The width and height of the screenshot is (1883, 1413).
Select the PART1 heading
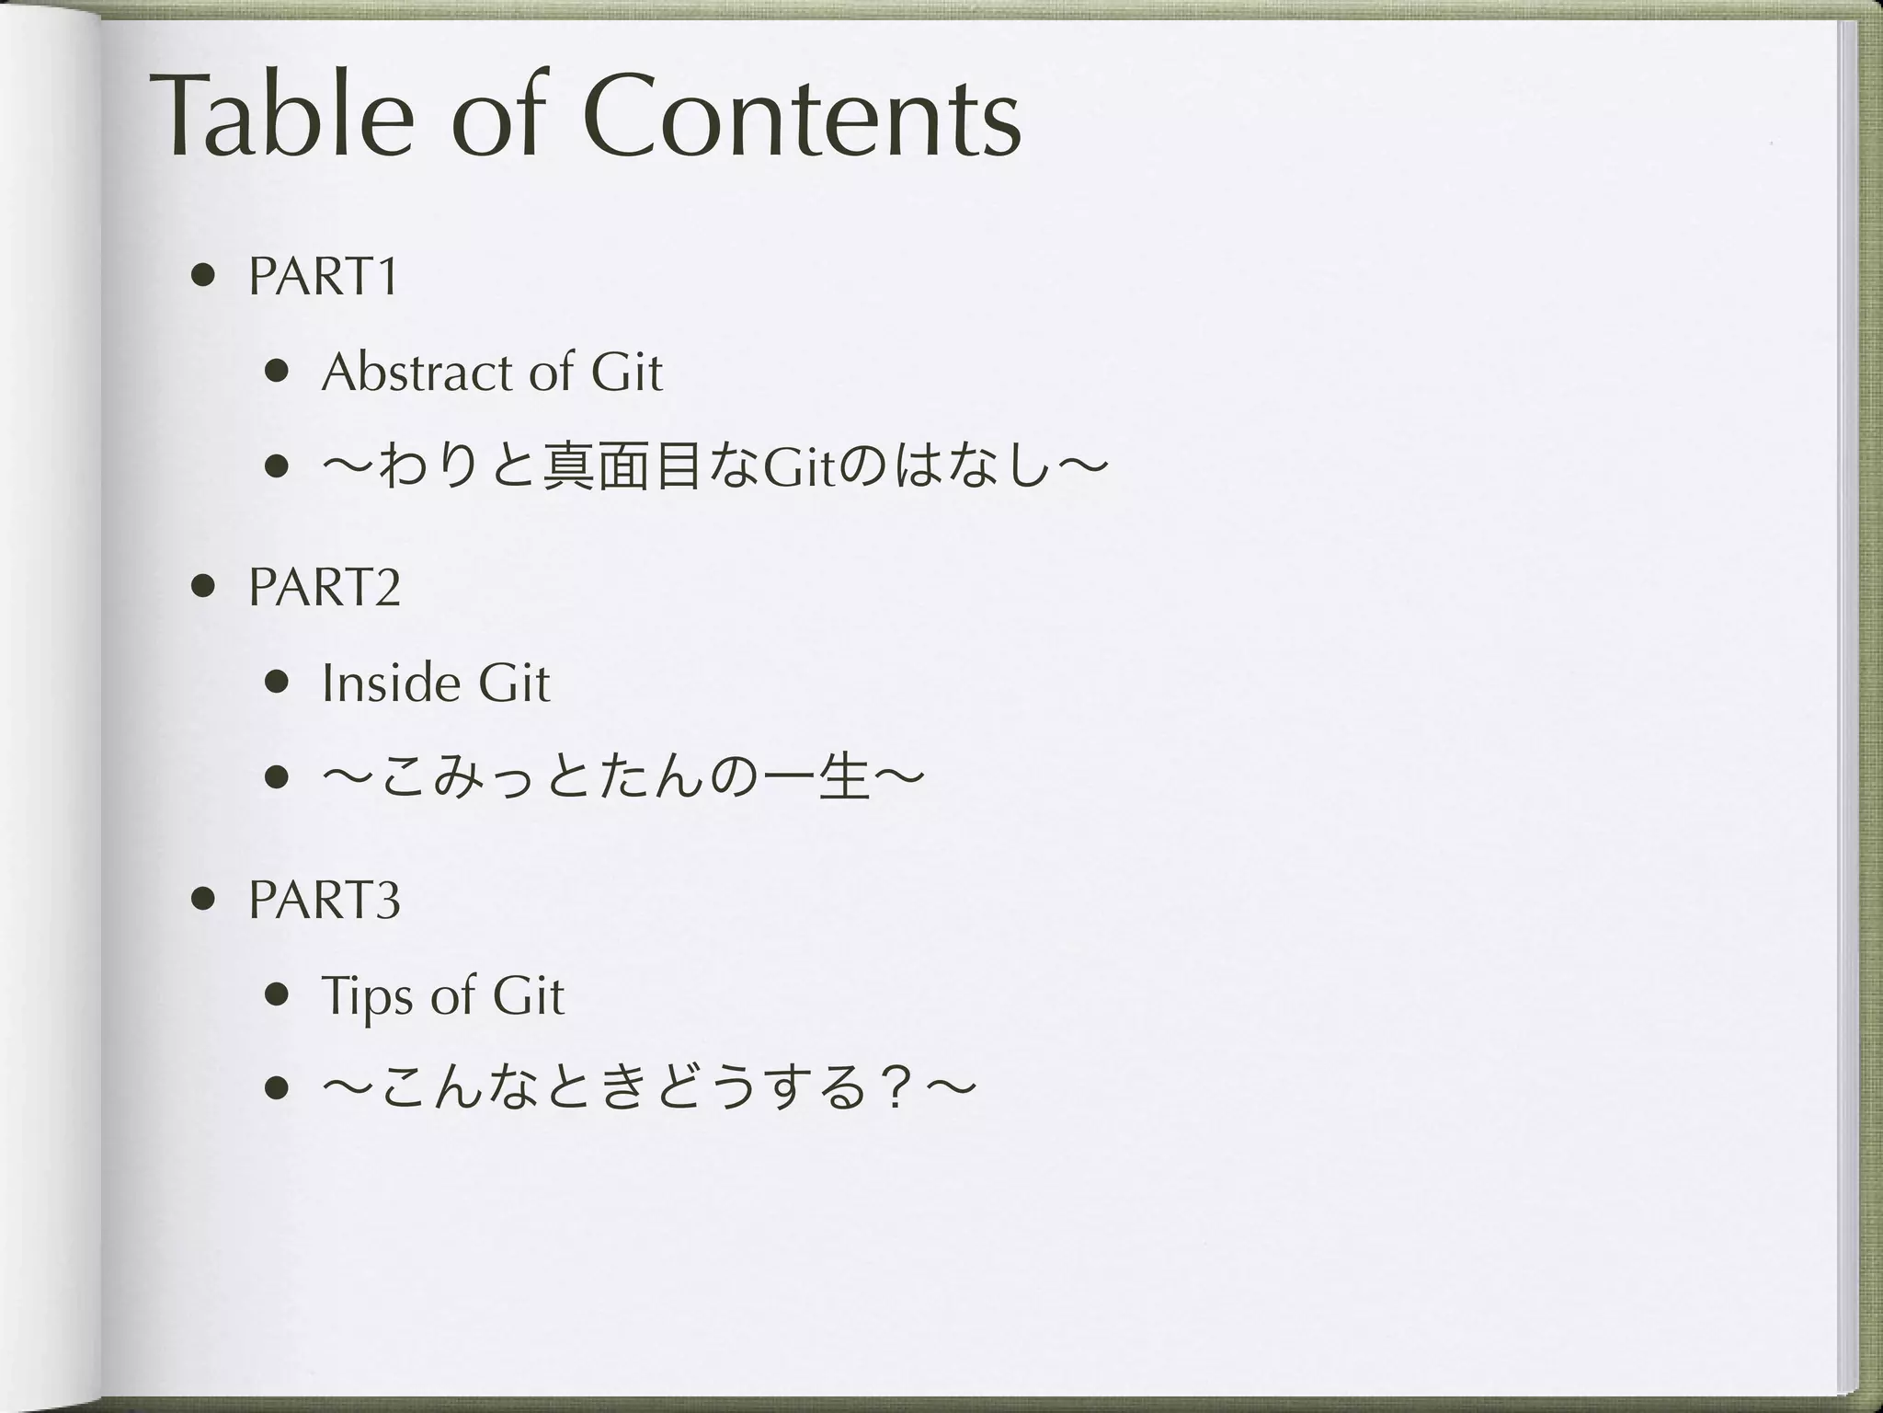(x=324, y=275)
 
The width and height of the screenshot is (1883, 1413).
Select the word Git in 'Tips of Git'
(x=528, y=996)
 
